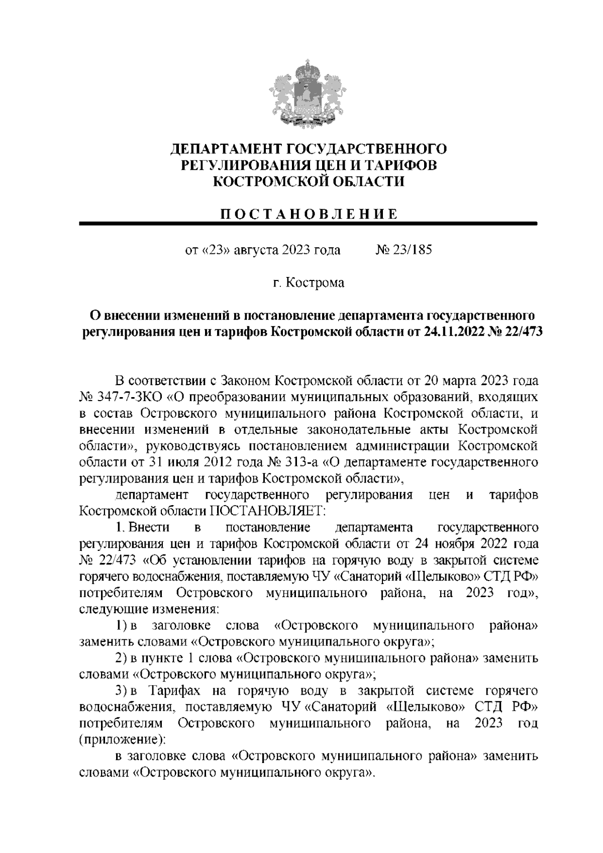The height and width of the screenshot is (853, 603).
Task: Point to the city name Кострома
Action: (316, 283)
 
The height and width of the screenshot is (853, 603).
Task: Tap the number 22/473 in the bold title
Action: (520, 332)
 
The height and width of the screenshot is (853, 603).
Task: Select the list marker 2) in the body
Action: (121, 658)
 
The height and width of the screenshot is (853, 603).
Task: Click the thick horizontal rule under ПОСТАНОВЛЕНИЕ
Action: (309, 224)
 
